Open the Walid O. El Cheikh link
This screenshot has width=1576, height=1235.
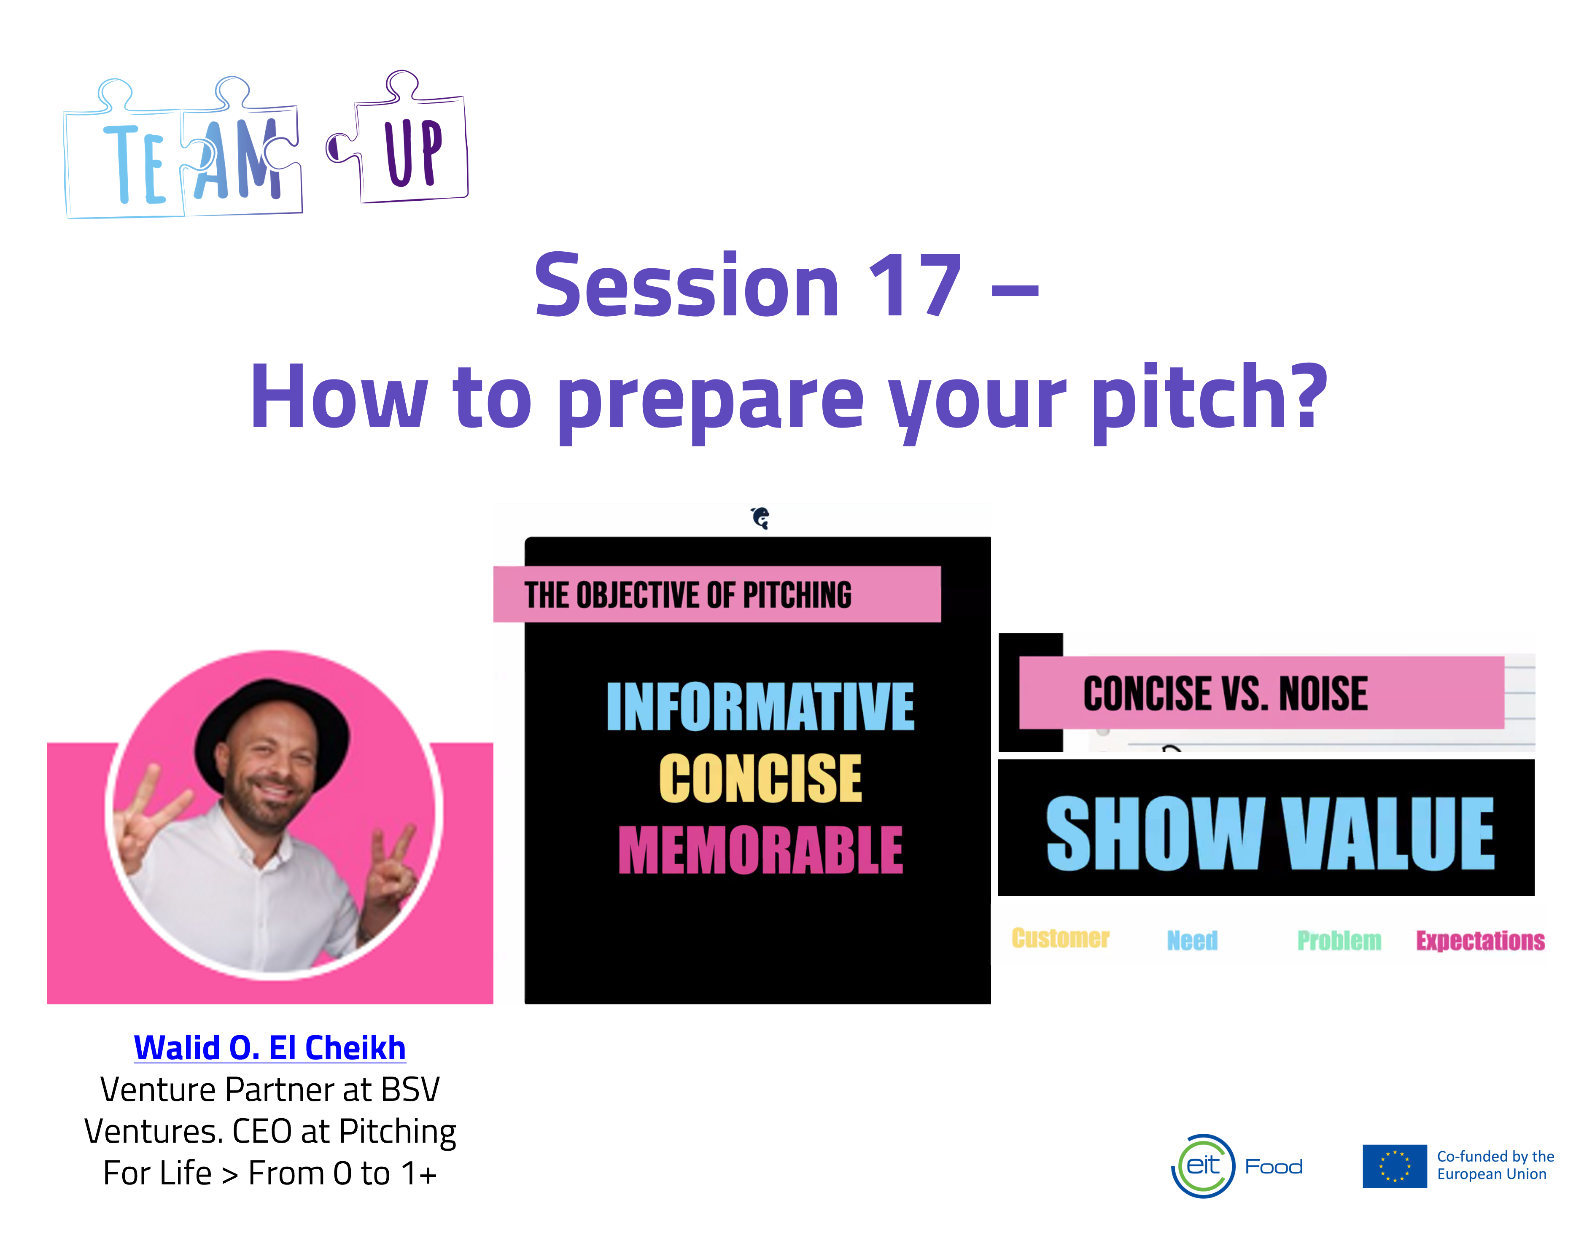click(270, 1048)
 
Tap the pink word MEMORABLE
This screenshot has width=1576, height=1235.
click(760, 850)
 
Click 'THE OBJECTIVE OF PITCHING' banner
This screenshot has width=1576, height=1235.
click(717, 595)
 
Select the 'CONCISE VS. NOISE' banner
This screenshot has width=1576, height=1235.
click(1261, 693)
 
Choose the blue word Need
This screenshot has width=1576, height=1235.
click(1192, 940)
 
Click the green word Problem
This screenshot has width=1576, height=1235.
click(1339, 940)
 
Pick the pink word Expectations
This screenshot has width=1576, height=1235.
click(1480, 940)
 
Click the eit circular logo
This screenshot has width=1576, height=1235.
click(1203, 1165)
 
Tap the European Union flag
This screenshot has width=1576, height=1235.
click(1395, 1165)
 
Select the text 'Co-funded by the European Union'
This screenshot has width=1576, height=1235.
click(1495, 1165)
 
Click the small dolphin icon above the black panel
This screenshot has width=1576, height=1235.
click(760, 518)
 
